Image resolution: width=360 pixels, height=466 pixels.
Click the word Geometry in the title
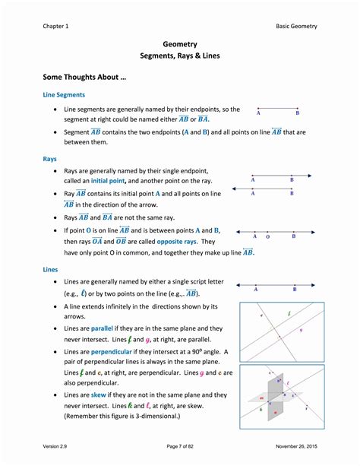coord(179,44)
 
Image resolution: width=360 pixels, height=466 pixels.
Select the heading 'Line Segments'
coord(64,94)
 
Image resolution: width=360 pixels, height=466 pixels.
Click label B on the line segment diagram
coord(297,113)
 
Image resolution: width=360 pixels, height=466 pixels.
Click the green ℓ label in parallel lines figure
coord(289,313)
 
